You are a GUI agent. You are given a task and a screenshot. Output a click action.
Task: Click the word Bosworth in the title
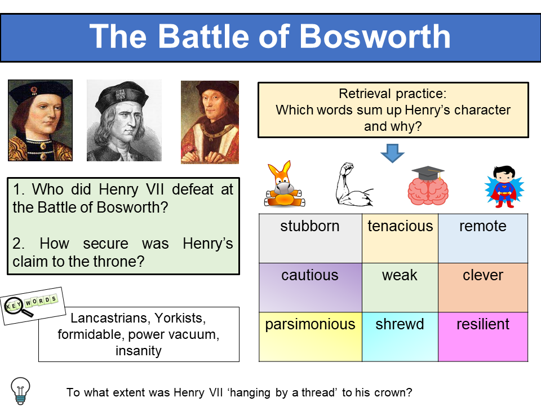tap(375, 37)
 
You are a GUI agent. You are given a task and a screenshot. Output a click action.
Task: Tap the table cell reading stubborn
tap(310, 239)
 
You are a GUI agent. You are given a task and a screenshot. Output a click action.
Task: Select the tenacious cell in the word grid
tap(400, 239)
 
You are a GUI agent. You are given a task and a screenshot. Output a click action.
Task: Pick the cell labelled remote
tap(483, 239)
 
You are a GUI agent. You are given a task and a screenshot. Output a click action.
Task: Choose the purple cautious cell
tap(310, 288)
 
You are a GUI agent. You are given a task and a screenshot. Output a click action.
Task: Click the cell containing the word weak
tap(400, 288)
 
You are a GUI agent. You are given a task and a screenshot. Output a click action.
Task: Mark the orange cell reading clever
tap(483, 288)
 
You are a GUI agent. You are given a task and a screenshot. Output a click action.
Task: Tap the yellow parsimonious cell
tap(311, 337)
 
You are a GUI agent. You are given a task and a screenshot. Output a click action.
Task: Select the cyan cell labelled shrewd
tap(400, 337)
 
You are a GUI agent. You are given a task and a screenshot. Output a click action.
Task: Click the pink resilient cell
tap(483, 337)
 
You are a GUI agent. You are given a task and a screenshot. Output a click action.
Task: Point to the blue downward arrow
tap(392, 153)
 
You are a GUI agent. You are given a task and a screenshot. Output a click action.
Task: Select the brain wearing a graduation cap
tap(428, 186)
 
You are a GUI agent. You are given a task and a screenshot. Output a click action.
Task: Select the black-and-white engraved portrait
tap(123, 121)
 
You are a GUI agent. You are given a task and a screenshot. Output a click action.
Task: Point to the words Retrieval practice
tap(393, 94)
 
